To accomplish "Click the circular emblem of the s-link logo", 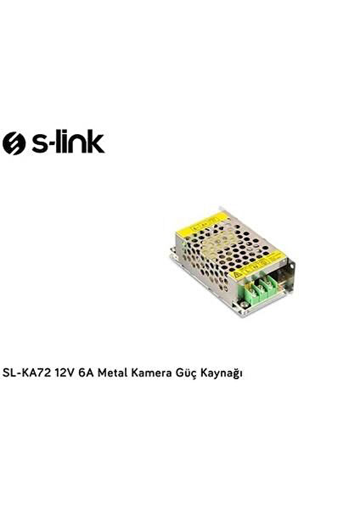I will pos(15,143).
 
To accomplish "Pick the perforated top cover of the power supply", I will pos(225,255).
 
